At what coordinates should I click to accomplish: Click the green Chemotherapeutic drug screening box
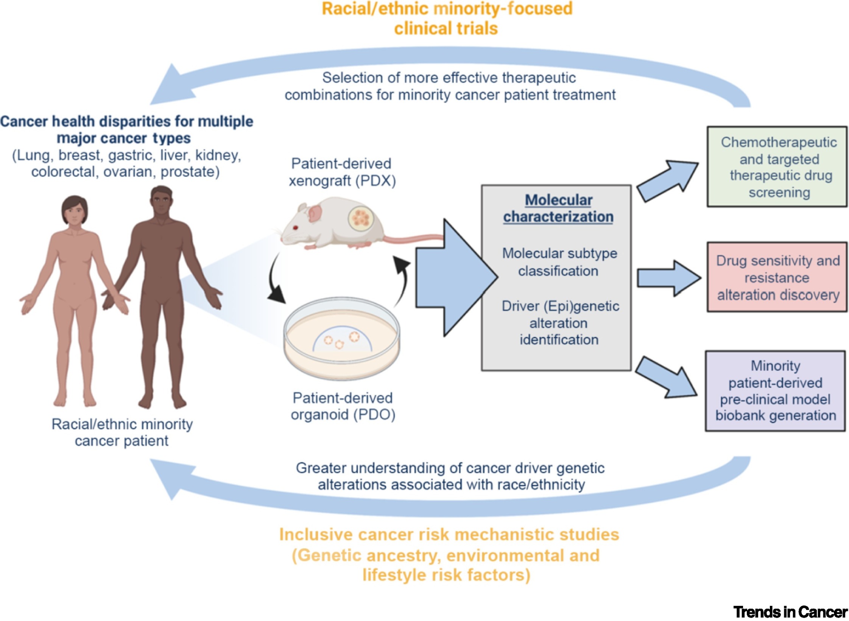776,167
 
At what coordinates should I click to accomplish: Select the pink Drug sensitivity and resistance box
776,277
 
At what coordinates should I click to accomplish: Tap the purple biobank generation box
775,391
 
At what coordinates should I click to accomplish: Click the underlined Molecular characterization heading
558,208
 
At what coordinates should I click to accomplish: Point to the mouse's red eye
295,228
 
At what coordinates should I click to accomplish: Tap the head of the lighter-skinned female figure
75,211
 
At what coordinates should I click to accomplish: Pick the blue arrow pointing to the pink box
668,278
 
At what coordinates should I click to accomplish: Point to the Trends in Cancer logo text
790,612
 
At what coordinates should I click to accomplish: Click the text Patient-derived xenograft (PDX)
342,172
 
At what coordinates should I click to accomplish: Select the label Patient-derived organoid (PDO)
343,406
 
